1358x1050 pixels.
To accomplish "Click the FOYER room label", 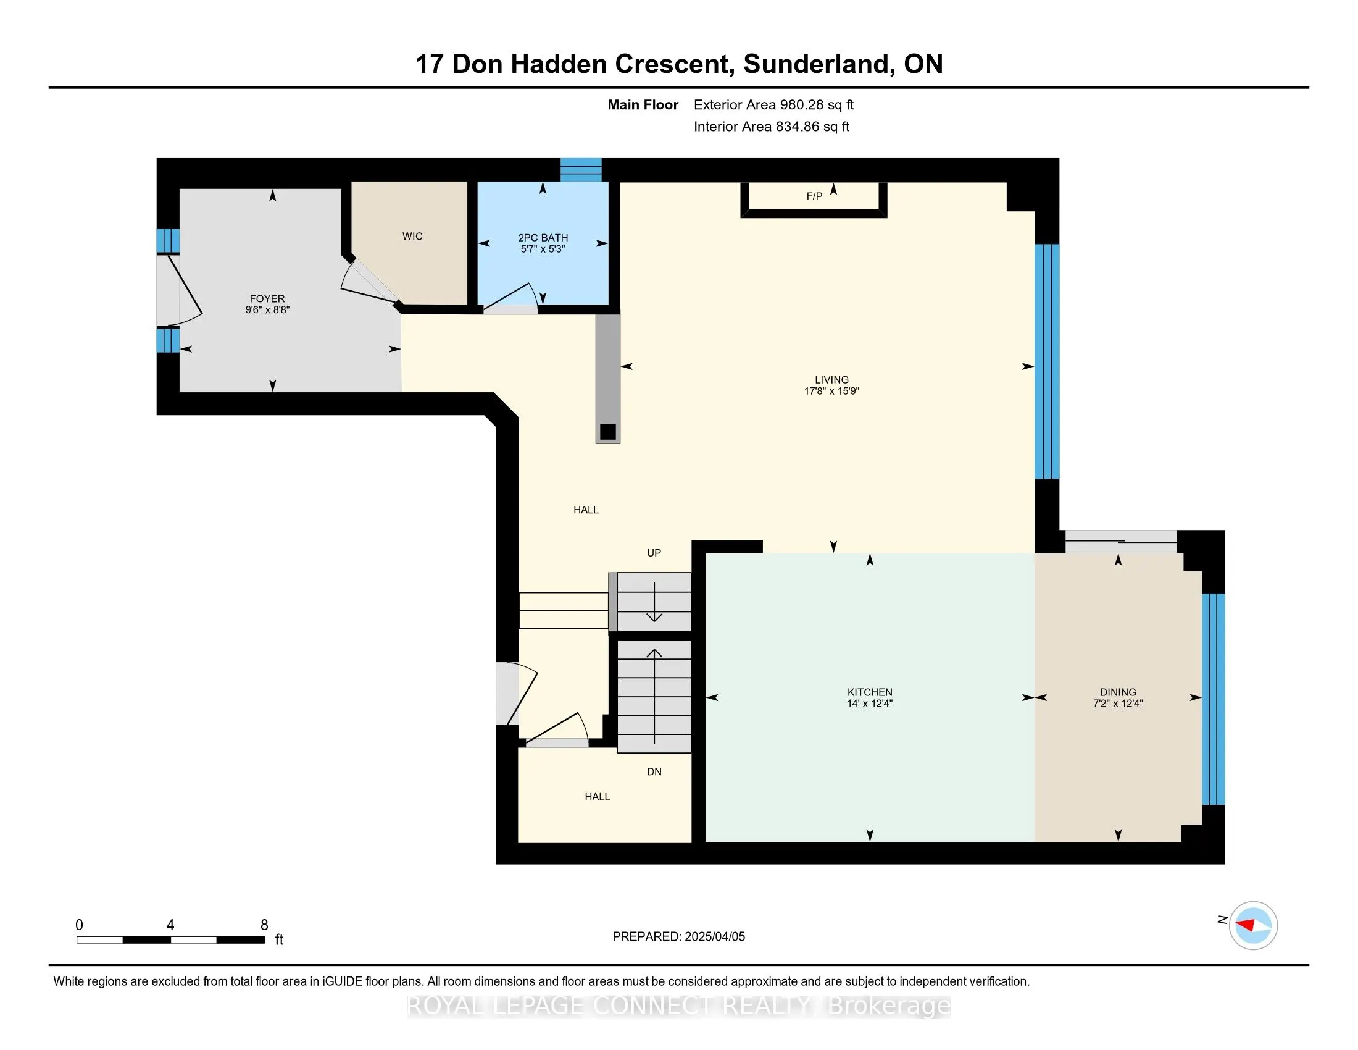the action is pos(267,298).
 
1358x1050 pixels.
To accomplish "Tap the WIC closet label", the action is pos(412,237).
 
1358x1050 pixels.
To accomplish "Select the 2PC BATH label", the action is pos(543,238).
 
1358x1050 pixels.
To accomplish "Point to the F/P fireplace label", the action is pos(814,196).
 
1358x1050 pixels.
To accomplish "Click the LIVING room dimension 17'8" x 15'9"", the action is pos(831,391).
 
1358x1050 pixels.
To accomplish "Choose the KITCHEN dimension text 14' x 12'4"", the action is pos(869,703).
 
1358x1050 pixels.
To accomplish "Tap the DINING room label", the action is pos(1118,692).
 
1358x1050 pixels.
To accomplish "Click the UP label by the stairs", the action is pos(654,553).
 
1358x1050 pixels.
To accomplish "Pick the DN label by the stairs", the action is pos(654,772).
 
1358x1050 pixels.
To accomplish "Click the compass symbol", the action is pos(1253,926).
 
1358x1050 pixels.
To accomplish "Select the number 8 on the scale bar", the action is pos(264,925).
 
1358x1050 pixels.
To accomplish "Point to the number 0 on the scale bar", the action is pos(79,925).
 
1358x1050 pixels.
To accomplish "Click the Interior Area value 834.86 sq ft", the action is pos(812,127).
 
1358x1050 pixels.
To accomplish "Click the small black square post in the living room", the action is pos(607,432).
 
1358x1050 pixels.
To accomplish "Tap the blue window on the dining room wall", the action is pos(1213,700).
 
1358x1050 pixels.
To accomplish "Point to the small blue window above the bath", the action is pos(581,170).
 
